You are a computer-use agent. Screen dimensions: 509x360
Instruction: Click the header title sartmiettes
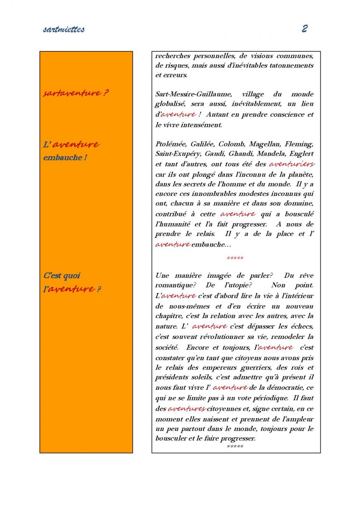[x=64, y=29]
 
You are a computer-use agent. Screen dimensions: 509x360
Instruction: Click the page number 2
[x=304, y=28]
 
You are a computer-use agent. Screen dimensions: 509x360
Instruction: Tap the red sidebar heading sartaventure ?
[x=76, y=93]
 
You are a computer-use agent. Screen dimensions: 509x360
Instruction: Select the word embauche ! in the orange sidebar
[x=62, y=158]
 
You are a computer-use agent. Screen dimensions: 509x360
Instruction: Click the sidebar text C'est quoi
[x=62, y=276]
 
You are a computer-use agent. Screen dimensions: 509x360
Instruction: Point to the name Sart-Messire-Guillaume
[x=192, y=94]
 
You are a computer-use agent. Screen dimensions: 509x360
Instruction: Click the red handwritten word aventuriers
[x=292, y=164]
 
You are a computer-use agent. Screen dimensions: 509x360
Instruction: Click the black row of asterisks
[x=235, y=447]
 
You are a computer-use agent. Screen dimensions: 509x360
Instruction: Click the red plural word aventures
[x=186, y=408]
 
